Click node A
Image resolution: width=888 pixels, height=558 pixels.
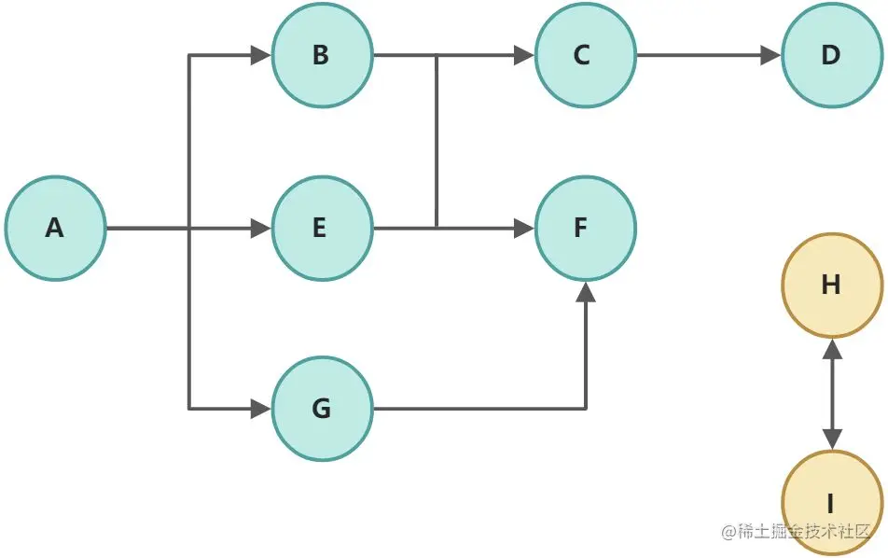[55, 228]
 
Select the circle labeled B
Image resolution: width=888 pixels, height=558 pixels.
[322, 55]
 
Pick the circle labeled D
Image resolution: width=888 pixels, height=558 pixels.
[831, 55]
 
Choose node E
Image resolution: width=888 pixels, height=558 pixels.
[322, 228]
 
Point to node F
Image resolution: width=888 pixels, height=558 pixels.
[585, 228]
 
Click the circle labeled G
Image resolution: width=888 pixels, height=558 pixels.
[322, 409]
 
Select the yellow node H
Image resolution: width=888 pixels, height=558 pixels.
[831, 285]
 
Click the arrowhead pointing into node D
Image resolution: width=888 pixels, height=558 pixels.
[771, 55]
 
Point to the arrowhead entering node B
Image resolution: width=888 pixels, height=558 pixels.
[261, 55]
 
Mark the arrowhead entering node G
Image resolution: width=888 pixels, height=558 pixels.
[261, 409]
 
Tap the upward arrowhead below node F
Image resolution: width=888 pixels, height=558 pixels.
[585, 291]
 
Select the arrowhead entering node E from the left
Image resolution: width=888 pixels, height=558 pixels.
[261, 228]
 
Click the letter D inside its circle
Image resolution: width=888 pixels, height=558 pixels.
[831, 55]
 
